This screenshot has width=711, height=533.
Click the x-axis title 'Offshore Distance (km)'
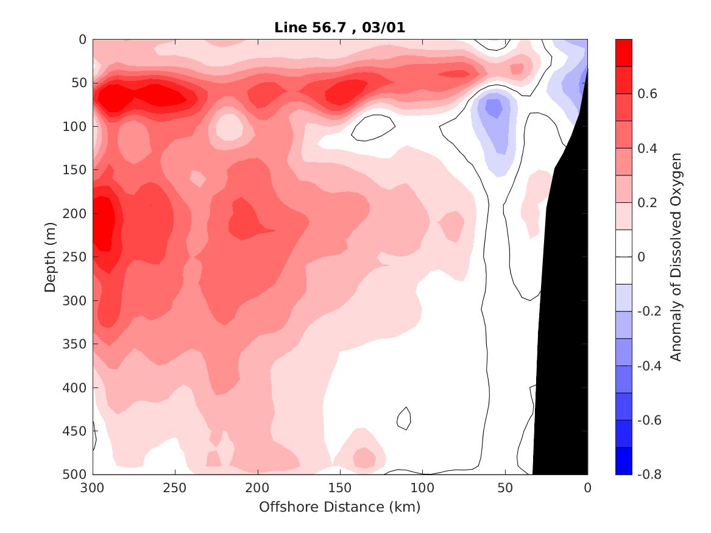[340, 506]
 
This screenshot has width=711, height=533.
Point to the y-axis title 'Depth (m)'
[51, 256]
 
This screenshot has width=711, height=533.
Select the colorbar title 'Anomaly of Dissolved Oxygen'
[675, 256]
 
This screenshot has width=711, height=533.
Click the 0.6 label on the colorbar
[646, 94]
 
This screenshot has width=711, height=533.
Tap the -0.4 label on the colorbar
[648, 365]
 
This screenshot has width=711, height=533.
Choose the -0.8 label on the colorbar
[648, 474]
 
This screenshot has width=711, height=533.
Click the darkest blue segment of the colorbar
[624, 461]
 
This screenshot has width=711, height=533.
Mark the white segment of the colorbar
[624, 256]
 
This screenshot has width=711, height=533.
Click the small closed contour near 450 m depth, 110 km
[403, 418]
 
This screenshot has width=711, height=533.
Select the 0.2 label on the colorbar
[646, 203]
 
